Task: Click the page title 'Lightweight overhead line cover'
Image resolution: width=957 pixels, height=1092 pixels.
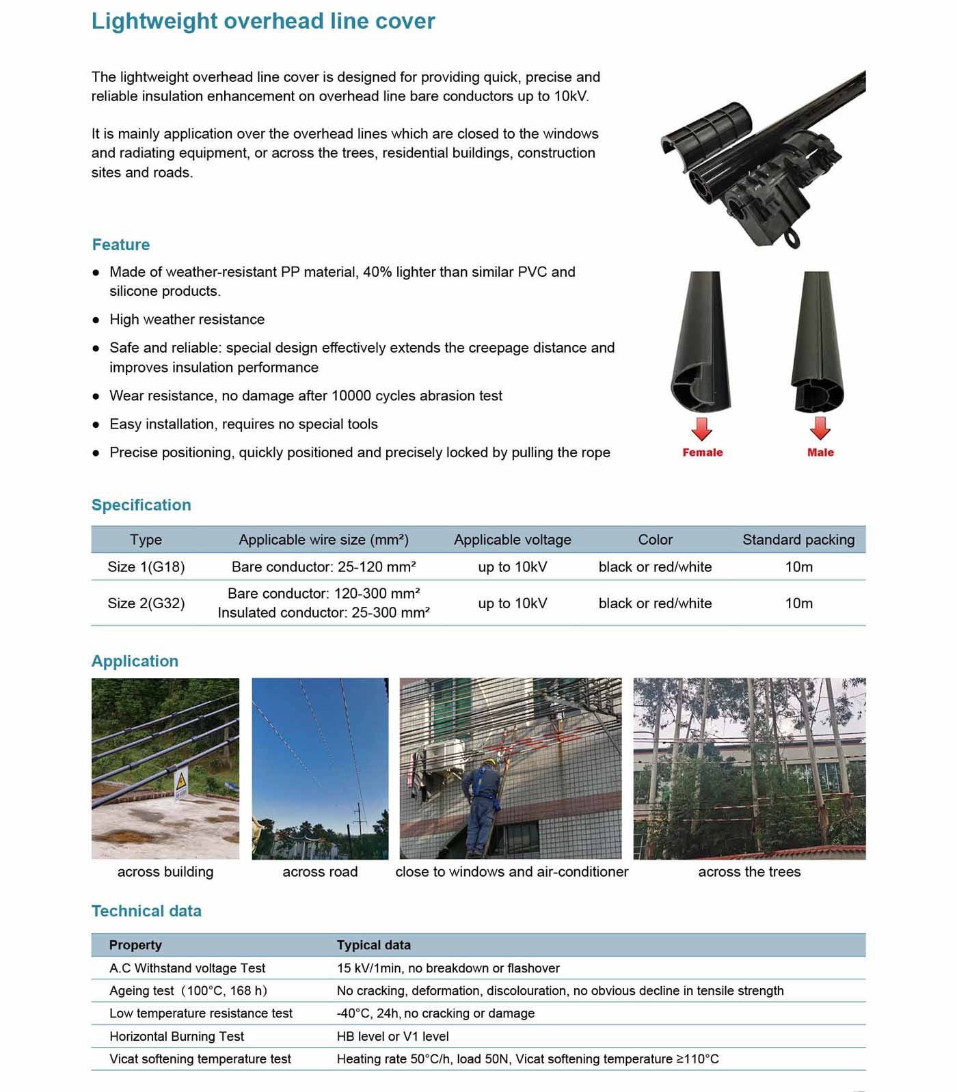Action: coord(263,21)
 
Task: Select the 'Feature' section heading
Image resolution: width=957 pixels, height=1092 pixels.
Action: coord(121,245)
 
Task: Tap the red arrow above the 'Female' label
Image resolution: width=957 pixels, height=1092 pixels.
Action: coord(702,428)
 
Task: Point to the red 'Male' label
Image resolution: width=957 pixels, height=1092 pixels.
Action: coord(820,452)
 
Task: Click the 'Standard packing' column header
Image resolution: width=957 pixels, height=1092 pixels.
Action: coord(798,540)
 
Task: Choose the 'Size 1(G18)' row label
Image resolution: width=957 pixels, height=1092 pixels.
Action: coord(146,567)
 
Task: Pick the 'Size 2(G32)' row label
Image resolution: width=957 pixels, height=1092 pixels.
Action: coord(146,603)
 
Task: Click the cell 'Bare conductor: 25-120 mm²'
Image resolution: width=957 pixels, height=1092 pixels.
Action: coord(323,567)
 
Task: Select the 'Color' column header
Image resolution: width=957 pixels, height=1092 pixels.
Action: coord(655,540)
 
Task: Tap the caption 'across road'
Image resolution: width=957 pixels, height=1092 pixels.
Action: coord(320,872)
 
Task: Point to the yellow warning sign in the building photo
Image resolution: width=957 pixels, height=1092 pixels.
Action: coord(181,780)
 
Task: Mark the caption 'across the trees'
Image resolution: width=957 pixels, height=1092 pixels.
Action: coord(749,872)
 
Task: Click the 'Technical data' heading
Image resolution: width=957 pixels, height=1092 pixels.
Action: coord(146,911)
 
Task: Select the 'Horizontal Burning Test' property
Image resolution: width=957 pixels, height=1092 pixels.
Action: coord(176,1037)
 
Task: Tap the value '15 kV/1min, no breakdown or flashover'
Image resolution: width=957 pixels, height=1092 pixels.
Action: coord(448,968)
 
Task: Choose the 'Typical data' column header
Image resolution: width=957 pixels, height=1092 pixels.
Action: coord(373,945)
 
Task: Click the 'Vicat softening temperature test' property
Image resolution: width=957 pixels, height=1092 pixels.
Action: coord(200,1059)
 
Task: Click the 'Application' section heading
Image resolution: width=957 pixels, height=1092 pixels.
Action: coord(135,661)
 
